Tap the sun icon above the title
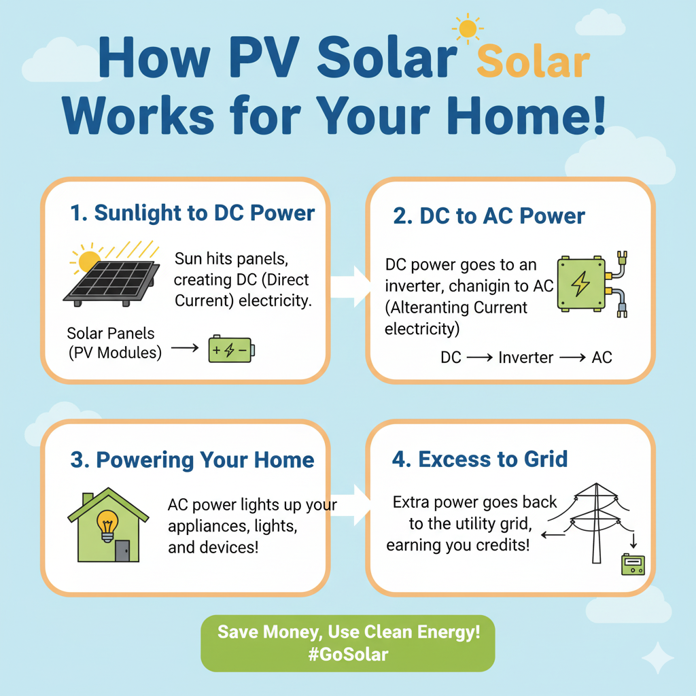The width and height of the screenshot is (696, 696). [x=468, y=29]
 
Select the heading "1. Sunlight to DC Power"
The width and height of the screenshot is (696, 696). [x=192, y=213]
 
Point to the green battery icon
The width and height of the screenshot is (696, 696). [x=232, y=349]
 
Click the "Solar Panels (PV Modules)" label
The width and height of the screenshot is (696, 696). [x=114, y=343]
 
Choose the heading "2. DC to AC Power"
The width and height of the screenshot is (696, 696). [x=489, y=216]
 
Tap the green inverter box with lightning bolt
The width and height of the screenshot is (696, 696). [x=581, y=283]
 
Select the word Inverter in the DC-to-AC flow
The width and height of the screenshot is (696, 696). [x=525, y=358]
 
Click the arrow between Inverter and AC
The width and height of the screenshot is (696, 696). [x=572, y=358]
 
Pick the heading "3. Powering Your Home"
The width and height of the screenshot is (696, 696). [x=192, y=460]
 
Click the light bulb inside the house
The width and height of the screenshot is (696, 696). [x=107, y=525]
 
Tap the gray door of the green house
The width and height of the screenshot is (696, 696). [x=122, y=551]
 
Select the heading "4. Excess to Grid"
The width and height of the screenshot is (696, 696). [x=479, y=459]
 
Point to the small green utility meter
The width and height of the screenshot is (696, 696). [x=633, y=564]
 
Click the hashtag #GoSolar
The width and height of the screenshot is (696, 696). [x=348, y=655]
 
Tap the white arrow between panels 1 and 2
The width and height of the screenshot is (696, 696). [x=351, y=286]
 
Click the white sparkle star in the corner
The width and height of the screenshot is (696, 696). [x=658, y=658]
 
